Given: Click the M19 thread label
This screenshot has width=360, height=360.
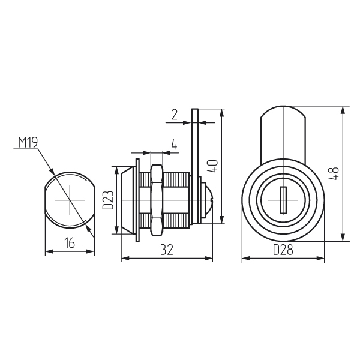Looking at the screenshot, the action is click(28, 143).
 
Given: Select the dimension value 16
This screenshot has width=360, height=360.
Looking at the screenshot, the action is click(70, 243).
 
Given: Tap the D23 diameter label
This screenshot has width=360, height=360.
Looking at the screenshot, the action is click(108, 200).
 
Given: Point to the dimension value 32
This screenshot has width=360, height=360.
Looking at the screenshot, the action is click(167, 250).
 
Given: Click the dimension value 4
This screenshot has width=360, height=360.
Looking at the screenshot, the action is click(174, 145).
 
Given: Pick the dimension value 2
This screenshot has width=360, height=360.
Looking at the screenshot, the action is click(175, 115).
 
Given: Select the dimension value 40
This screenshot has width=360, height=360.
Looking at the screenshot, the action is click(212, 166).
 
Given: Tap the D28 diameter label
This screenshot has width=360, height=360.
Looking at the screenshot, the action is click(283, 250).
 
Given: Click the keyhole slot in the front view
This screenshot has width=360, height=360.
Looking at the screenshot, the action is click(283, 200).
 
